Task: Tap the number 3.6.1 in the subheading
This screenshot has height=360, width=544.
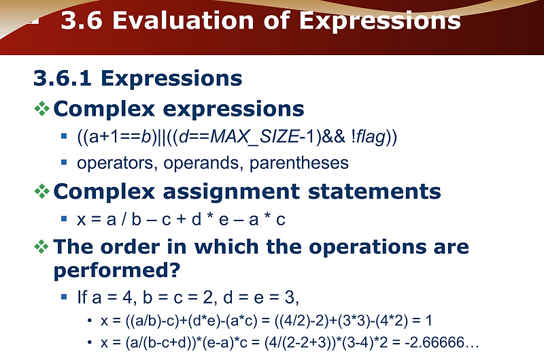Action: click(x=63, y=78)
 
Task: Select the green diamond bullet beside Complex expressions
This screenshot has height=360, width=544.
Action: click(x=42, y=108)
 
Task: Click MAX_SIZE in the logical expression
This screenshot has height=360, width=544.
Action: click(x=254, y=136)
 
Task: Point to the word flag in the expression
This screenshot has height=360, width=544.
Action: click(x=371, y=136)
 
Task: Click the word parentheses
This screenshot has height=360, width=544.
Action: click(x=299, y=163)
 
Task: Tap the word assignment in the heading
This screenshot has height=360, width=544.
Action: click(x=231, y=192)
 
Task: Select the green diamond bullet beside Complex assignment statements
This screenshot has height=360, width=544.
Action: click(x=42, y=191)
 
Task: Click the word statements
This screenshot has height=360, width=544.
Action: click(x=375, y=191)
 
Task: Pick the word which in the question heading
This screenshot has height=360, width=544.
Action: click(x=226, y=247)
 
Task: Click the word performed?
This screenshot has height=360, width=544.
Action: click(x=117, y=270)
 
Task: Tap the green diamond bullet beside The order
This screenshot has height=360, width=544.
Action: click(x=41, y=246)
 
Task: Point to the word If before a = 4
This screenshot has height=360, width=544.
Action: click(x=82, y=297)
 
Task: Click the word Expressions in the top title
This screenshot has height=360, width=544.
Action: click(x=380, y=21)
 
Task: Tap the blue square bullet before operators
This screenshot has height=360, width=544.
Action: click(x=64, y=162)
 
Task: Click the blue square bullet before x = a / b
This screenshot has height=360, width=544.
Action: click(x=64, y=218)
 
